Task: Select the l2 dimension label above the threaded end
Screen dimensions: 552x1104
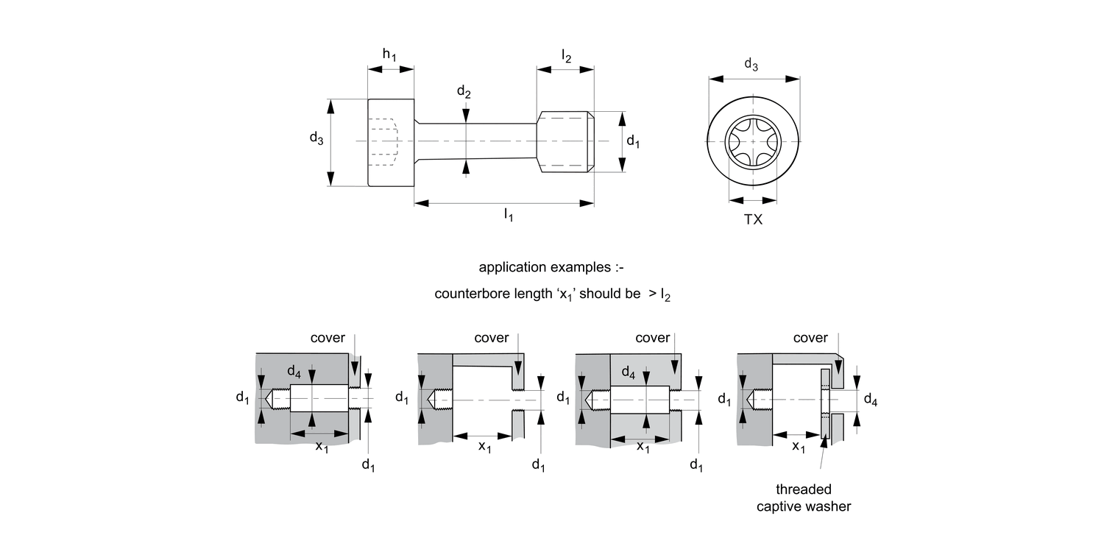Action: pos(565,55)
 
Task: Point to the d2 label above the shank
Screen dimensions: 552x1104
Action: pos(464,92)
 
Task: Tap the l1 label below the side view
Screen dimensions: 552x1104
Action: pos(508,214)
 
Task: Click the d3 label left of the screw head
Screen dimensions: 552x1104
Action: pos(316,138)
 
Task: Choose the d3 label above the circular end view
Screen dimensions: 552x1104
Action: pos(751,65)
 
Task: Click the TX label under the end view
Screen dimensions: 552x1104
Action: pos(753,219)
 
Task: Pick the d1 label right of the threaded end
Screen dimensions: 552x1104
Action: pos(633,141)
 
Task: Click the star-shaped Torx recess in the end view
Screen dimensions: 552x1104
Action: pos(753,141)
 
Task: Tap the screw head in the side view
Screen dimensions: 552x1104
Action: pos(391,141)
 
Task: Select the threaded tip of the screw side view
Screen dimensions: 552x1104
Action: pos(565,141)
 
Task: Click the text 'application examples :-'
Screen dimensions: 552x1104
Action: pos(551,267)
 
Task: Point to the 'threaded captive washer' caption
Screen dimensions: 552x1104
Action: pos(804,498)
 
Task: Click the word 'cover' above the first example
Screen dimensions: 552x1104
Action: pos(328,338)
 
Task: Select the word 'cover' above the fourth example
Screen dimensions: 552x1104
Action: pos(810,338)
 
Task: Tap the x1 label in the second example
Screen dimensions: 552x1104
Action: pos(484,447)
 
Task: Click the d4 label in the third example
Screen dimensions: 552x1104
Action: pos(628,373)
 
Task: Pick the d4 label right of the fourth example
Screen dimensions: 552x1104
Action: pos(870,400)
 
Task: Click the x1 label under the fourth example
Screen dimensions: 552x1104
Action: pos(798,447)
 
